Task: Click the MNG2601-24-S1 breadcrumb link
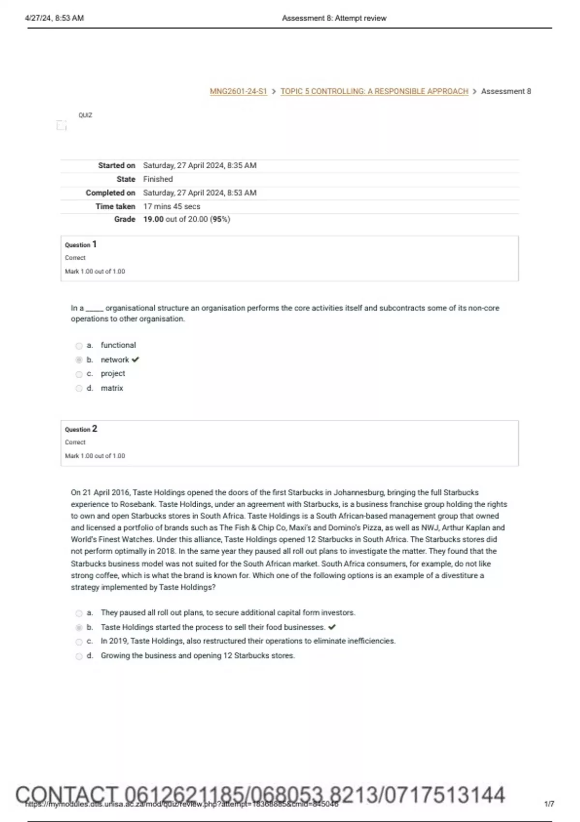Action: coord(238,91)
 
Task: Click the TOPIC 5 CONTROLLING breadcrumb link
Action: coord(374,91)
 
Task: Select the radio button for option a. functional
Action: coord(79,346)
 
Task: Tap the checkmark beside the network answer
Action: coord(135,360)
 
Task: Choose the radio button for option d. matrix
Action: coord(79,388)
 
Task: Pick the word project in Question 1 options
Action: coord(113,374)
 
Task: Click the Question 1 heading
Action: coord(81,245)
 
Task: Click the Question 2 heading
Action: coord(81,429)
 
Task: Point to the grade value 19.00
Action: coord(153,220)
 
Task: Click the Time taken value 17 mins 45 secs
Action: coord(172,206)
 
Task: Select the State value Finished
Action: coord(158,179)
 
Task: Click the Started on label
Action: coord(116,165)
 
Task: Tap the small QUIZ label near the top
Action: coord(85,115)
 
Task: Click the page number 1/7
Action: coord(549,804)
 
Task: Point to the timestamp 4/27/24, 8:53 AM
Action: coord(54,18)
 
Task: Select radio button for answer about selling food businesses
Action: coord(79,628)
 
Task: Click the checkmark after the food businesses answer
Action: coord(332,628)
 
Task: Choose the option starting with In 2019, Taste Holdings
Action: coord(248,641)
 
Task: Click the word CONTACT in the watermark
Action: coord(67,795)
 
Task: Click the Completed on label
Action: coord(110,193)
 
